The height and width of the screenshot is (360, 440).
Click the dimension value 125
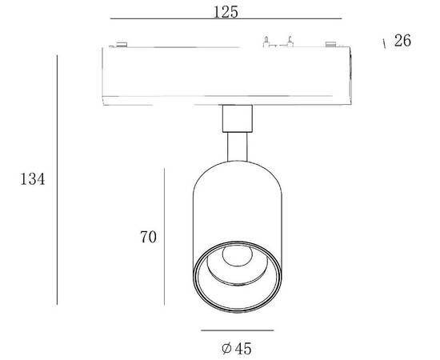[226, 12]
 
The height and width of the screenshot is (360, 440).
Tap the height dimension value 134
[32, 178]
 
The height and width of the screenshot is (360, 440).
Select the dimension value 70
[148, 237]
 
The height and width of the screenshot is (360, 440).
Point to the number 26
[402, 41]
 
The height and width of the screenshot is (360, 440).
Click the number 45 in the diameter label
[243, 349]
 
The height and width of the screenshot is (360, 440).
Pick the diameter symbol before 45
[226, 349]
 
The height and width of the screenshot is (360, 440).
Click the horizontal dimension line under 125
[226, 18]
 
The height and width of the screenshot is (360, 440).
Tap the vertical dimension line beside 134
[58, 180]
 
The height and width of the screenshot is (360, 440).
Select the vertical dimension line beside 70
[164, 237]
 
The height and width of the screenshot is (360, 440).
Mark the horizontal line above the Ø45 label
[237, 330]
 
